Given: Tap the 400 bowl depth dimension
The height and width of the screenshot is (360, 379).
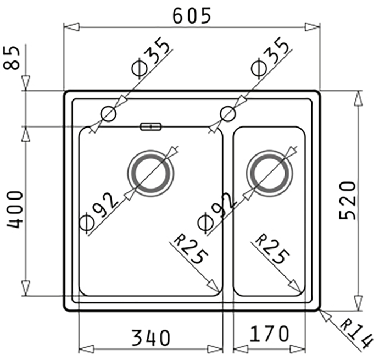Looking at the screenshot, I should pos(14,209).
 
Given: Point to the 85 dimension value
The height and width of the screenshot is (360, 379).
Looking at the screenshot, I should pos(14,58).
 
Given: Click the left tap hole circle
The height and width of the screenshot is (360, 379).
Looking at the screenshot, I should pos(108,114).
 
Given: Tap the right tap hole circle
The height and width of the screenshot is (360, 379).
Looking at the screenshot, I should pos(227,114).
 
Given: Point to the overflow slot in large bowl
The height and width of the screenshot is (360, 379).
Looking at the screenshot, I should pos(151,127).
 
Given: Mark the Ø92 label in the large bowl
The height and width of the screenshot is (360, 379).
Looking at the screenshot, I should pos(100,212).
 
